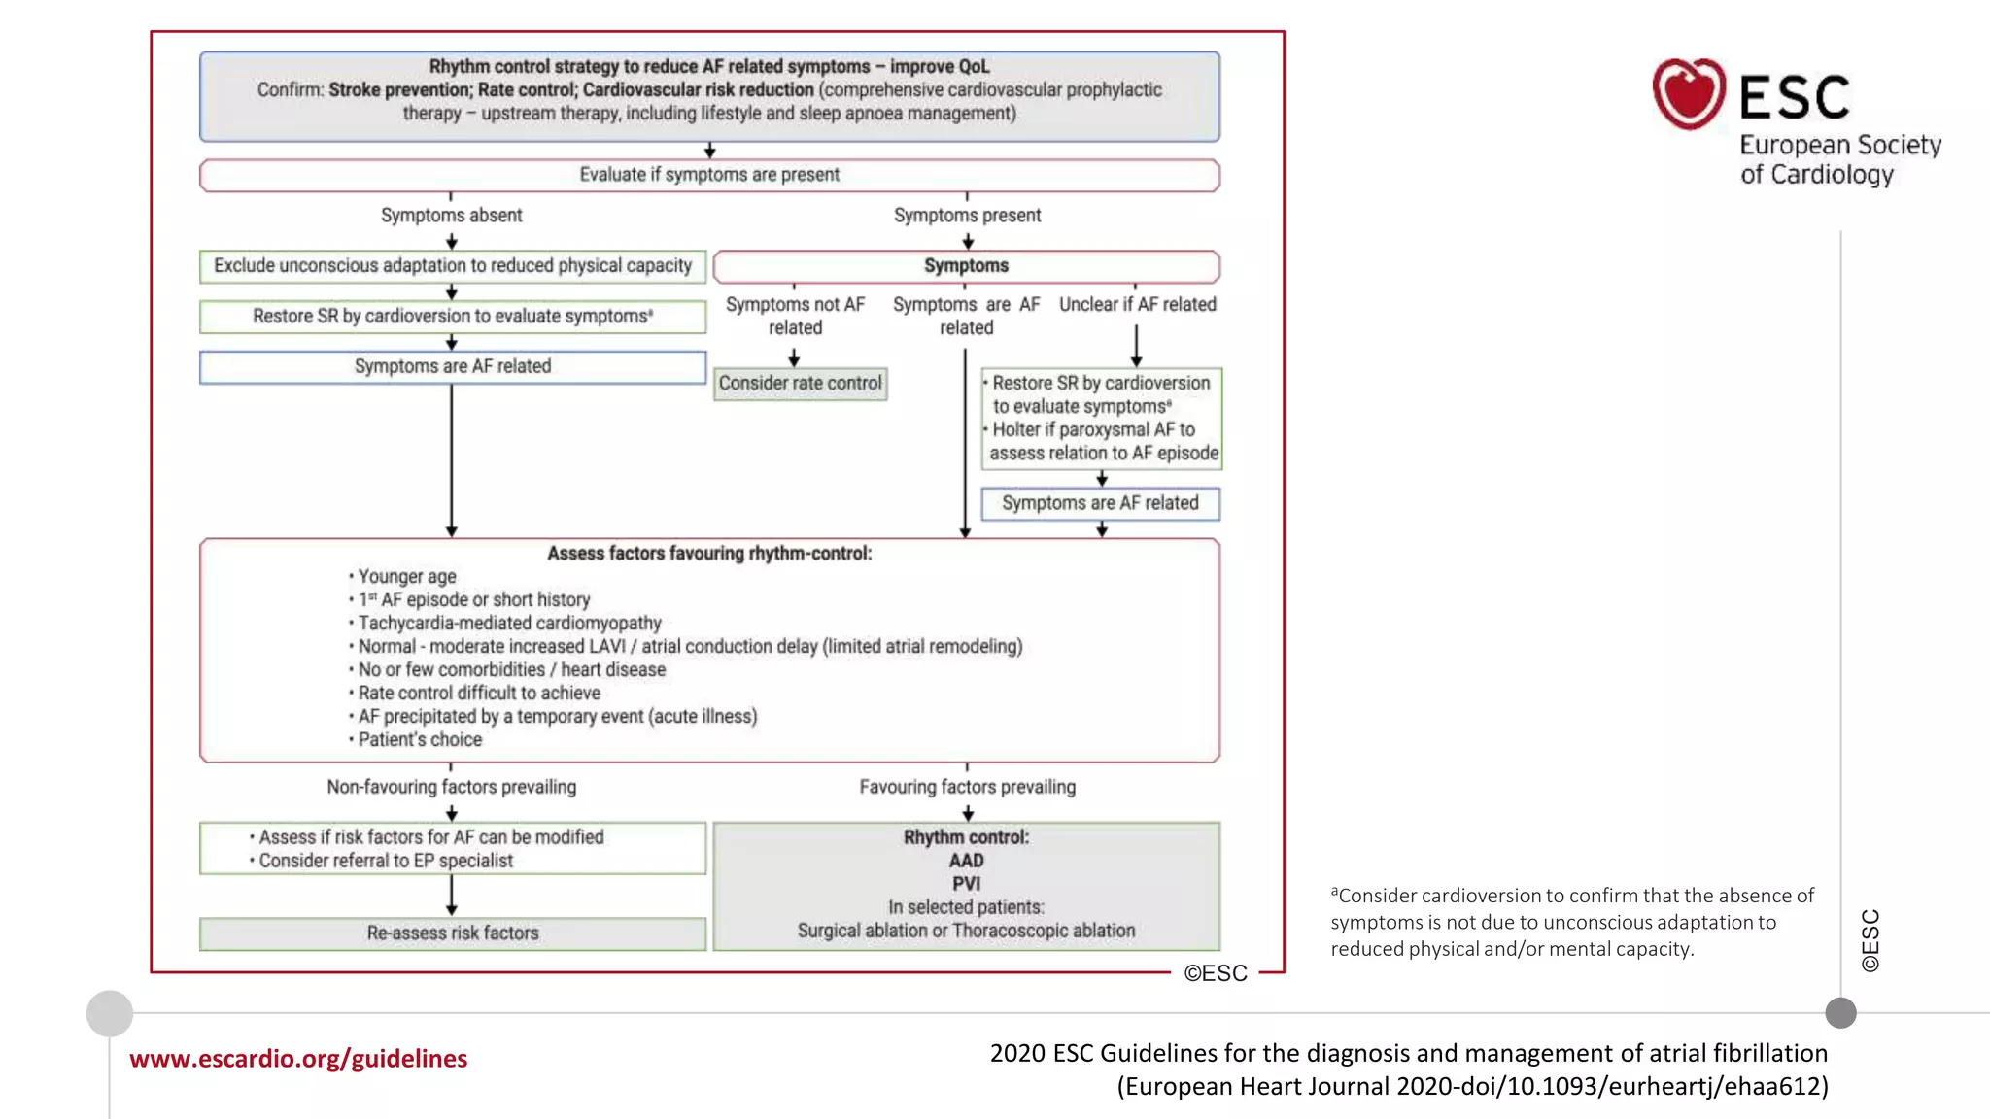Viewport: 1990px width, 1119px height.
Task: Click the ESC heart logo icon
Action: [x=1689, y=94]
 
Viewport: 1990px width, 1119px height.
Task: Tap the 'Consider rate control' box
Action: [x=800, y=384]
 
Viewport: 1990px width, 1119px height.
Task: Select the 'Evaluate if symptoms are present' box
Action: [x=709, y=175]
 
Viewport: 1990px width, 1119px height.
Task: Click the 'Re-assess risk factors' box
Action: [x=452, y=933]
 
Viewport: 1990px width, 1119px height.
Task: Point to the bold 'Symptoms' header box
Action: [x=966, y=266]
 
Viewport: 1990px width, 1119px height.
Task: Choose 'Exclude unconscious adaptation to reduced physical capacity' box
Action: [x=452, y=266]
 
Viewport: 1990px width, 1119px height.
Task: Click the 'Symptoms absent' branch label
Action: [x=451, y=216]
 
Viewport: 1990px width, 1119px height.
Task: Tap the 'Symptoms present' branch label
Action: [x=967, y=216]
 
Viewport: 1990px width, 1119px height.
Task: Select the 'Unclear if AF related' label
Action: [x=1137, y=305]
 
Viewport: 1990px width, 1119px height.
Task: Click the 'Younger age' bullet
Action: [x=406, y=577]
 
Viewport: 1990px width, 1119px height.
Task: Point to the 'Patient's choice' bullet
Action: [x=420, y=740]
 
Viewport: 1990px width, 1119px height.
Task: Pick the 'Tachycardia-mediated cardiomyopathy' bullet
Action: [x=509, y=624]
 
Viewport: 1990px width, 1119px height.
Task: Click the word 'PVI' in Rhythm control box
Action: [x=966, y=884]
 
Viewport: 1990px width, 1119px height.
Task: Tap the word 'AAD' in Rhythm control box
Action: [x=966, y=861]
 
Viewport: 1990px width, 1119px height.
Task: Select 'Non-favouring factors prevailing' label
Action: [x=451, y=787]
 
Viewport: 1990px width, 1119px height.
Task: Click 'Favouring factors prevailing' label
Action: [x=967, y=787]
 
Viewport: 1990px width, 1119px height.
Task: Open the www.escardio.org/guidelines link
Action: [x=298, y=1059]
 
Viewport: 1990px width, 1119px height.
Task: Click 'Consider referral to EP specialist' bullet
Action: [x=386, y=861]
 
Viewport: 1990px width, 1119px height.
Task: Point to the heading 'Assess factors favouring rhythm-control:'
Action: [x=709, y=554]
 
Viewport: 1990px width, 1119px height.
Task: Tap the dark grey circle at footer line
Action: [x=1840, y=1013]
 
